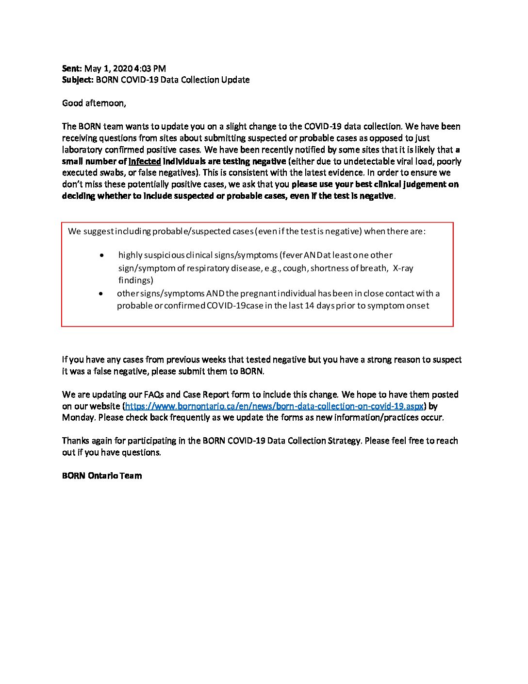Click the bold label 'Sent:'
[72, 68]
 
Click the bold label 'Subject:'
[78, 80]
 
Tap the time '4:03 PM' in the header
[150, 68]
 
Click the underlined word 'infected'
[145, 161]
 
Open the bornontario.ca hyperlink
[274, 406]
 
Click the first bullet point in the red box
[101, 255]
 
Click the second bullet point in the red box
[101, 293]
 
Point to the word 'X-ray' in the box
[403, 268]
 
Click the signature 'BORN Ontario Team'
[102, 476]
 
